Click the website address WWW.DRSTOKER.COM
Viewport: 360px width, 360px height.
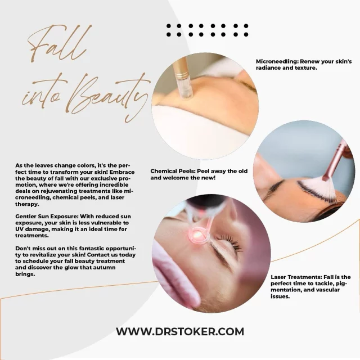[180, 331]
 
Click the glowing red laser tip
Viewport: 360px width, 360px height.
[197, 235]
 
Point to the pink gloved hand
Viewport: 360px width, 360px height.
[174, 276]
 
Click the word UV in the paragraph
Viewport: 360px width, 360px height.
[19, 229]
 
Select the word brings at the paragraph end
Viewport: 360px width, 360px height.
[25, 274]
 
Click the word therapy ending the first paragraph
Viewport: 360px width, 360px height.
[27, 204]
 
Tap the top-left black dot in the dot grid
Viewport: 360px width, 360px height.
[169, 26]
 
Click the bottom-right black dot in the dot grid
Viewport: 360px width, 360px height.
[246, 34]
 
